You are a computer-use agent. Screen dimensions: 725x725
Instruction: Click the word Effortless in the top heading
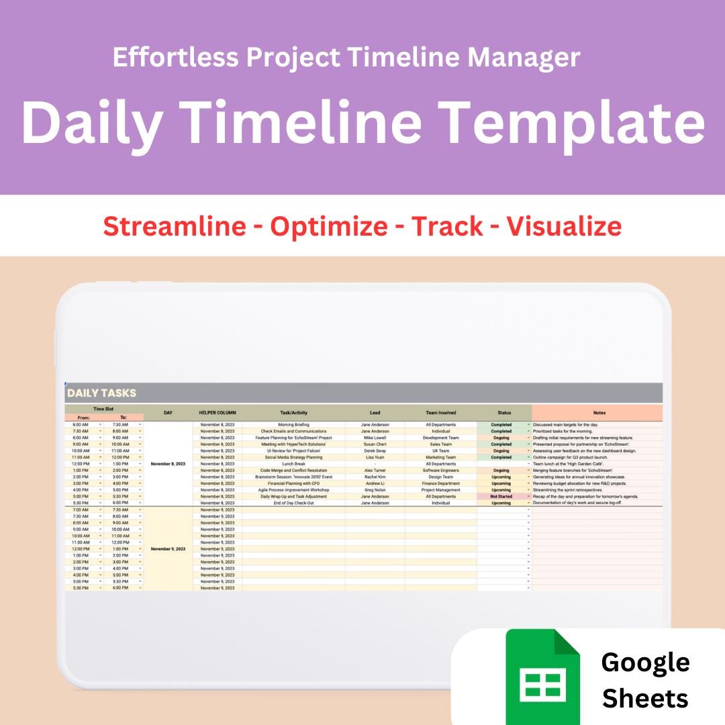[x=175, y=58]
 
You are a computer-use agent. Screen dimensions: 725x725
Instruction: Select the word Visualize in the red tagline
[x=564, y=226]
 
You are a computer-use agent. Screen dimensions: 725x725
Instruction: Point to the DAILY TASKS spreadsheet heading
[x=101, y=393]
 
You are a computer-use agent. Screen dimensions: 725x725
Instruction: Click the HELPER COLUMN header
[x=217, y=413]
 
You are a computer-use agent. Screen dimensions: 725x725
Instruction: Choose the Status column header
[x=503, y=413]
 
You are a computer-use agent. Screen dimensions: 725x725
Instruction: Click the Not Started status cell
[x=501, y=496]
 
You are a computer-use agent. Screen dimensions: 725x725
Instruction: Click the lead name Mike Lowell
[x=375, y=438]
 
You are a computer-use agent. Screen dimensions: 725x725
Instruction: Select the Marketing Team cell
[x=440, y=457]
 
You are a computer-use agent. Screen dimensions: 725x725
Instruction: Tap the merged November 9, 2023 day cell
[x=168, y=548]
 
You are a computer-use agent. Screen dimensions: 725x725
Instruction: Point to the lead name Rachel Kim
[x=375, y=477]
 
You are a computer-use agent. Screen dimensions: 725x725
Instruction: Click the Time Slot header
[x=103, y=409]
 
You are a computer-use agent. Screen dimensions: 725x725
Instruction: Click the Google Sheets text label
[x=644, y=680]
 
